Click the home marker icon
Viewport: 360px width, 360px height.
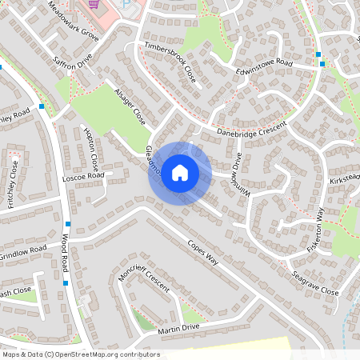(180, 172)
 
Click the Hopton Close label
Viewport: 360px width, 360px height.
(91, 152)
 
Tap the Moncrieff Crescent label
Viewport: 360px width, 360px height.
(145, 279)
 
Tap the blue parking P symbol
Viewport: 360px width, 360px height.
(126, 4)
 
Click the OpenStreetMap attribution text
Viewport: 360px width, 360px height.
(81, 354)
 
